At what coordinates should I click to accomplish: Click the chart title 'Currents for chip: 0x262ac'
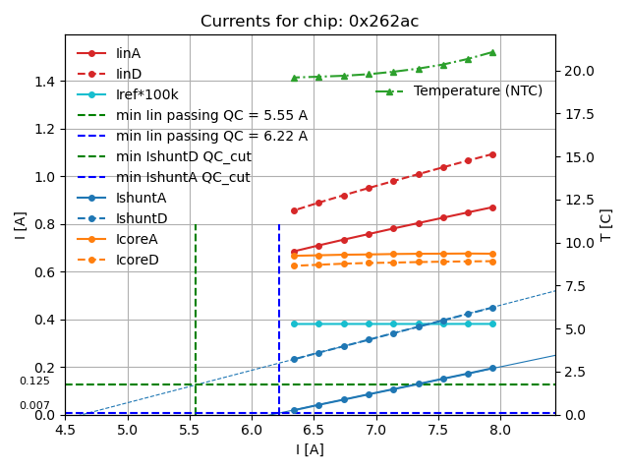pyautogui.click(x=310, y=22)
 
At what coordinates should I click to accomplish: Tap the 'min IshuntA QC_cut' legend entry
pyautogui.click(x=183, y=177)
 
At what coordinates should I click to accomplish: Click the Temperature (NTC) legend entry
pyautogui.click(x=478, y=90)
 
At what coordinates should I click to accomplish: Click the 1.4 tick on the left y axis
pyautogui.click(x=45, y=81)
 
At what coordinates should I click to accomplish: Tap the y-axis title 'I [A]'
pyautogui.click(x=21, y=225)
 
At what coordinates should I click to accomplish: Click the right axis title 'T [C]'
pyautogui.click(x=606, y=225)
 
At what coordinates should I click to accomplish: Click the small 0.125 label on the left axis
pyautogui.click(x=34, y=382)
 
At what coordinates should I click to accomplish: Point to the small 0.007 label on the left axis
pyautogui.click(x=34, y=405)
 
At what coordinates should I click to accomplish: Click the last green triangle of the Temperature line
pyautogui.click(x=492, y=52)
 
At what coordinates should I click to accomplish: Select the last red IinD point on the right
pyautogui.click(x=492, y=154)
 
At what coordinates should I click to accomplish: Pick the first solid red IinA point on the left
pyautogui.click(x=294, y=252)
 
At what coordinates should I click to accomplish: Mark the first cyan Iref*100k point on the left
pyautogui.click(x=294, y=324)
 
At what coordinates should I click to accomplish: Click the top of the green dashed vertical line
pyautogui.click(x=196, y=225)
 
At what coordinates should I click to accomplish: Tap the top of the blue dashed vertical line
pyautogui.click(x=279, y=225)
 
